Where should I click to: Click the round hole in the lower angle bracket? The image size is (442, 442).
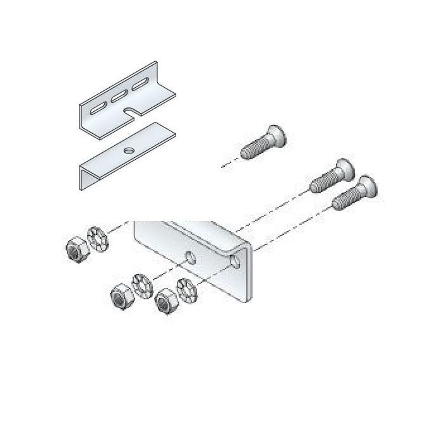tap(129, 151)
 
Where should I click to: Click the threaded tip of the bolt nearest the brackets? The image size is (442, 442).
tap(249, 152)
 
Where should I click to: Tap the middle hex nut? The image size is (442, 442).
tap(119, 295)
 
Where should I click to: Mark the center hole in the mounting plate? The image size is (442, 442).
tap(190, 258)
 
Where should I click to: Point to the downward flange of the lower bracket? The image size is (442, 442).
tap(85, 176)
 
